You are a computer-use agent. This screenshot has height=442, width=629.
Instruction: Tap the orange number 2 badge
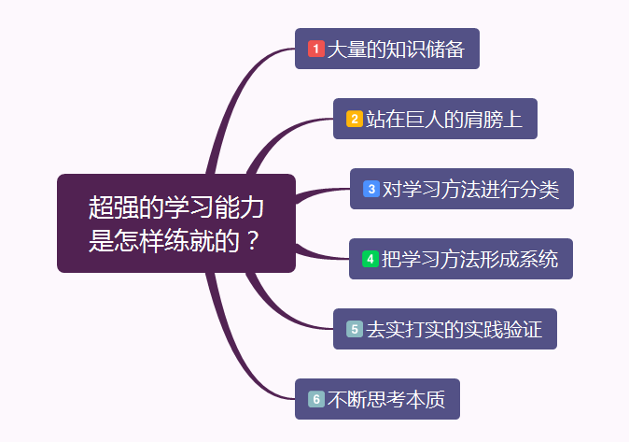[355, 119]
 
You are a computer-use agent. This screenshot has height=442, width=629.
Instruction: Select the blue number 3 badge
[371, 189]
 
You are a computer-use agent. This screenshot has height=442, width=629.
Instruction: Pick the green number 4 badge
[370, 259]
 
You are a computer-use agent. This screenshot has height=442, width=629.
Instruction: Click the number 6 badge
[316, 399]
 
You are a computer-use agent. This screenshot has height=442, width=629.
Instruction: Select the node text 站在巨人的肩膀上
[444, 119]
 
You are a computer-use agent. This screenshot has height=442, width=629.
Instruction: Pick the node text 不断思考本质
[386, 399]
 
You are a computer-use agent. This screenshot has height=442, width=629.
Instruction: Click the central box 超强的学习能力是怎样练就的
[176, 223]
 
